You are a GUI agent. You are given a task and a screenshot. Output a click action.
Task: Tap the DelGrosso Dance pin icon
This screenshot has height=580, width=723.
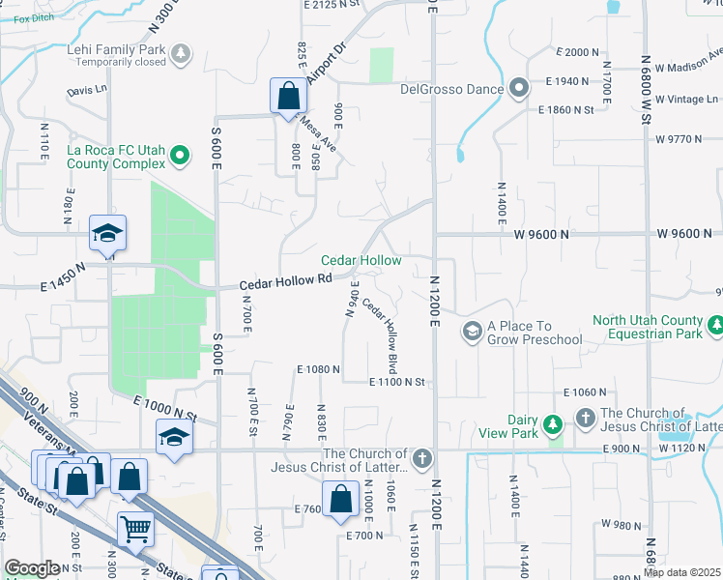518,89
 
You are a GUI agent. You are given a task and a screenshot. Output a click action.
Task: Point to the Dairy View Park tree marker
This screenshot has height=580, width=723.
552,424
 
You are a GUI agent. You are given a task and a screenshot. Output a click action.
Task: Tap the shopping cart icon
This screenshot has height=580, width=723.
135,528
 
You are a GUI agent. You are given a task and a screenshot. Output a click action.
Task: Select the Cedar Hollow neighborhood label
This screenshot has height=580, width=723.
361,261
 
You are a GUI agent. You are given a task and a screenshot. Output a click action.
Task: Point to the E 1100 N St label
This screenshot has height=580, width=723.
396,383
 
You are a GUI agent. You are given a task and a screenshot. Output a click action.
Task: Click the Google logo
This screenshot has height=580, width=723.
31,568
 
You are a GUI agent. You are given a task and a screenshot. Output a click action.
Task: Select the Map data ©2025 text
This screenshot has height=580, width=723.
681,572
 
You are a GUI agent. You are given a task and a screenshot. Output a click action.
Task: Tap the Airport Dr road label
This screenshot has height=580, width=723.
326,63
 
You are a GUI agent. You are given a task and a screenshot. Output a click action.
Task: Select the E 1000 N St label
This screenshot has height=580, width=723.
165,410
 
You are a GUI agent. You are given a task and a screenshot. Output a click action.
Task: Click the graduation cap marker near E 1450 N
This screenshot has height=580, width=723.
108,232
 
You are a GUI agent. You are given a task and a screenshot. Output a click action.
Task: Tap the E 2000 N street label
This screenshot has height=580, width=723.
580,52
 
